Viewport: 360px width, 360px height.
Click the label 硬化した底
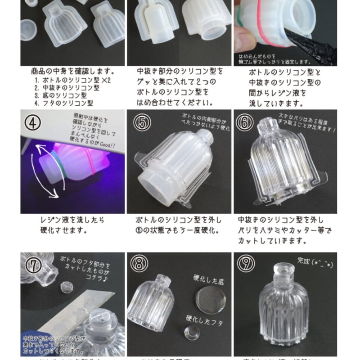[x=207, y=282]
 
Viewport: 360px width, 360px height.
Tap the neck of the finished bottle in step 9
[x=283, y=277]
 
